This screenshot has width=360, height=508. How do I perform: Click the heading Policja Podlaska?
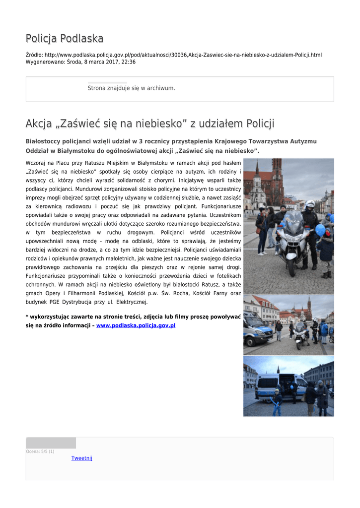pos(65,39)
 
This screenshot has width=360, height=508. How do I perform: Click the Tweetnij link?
pos(81,458)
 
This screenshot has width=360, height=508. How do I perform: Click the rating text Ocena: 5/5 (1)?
pos(40,451)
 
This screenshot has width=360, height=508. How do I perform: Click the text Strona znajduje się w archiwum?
pos(131,88)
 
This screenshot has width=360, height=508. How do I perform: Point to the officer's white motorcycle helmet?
pos(310,204)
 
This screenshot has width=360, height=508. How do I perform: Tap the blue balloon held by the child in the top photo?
pos(320,230)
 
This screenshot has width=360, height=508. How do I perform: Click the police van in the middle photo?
pos(256,329)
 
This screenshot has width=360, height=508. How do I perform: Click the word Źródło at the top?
pos(34,55)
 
